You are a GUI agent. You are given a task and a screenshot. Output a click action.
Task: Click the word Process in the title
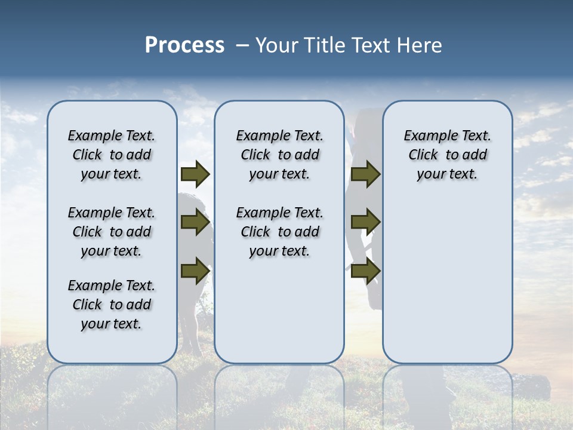[x=184, y=45]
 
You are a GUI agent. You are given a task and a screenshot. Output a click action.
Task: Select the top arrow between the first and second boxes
[x=195, y=174]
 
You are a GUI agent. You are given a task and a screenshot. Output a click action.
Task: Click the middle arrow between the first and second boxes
[x=195, y=222]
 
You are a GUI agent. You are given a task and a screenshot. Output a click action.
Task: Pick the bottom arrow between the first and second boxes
[x=195, y=271]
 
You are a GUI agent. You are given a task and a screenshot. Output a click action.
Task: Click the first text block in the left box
[x=112, y=155]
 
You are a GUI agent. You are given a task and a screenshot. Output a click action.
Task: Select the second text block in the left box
[x=112, y=232]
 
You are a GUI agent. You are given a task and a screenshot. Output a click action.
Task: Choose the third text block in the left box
[x=112, y=305]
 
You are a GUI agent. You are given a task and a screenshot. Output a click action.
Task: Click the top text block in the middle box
[x=279, y=155]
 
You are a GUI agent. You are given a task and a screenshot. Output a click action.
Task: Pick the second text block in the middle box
[x=279, y=232]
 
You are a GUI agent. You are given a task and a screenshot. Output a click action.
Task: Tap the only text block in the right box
[x=447, y=155]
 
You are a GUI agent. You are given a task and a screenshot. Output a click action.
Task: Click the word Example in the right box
[x=426, y=136]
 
